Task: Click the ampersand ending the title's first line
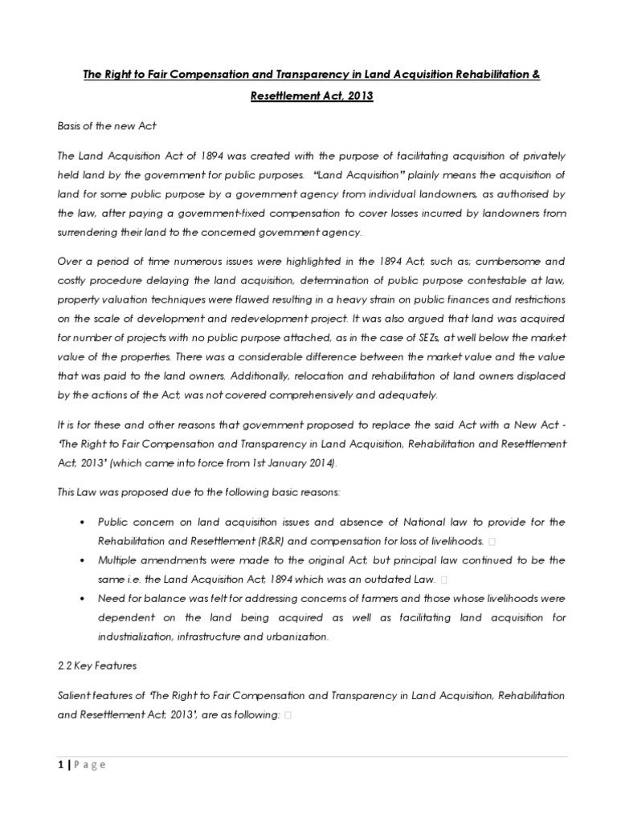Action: pos(536,74)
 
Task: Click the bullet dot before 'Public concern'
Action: pos(84,523)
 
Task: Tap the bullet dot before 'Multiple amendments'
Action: pos(84,560)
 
